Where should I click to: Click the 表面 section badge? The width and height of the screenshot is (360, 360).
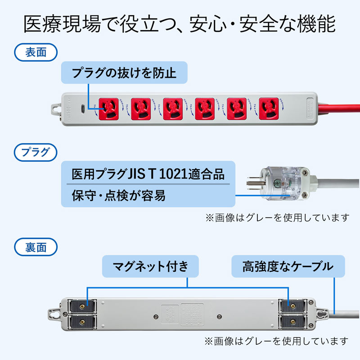pyautogui.click(x=36, y=52)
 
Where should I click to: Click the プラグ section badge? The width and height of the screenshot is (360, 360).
pyautogui.click(x=36, y=152)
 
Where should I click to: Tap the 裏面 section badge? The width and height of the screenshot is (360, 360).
pyautogui.click(x=36, y=247)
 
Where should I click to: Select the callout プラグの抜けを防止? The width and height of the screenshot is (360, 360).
pyautogui.click(x=124, y=72)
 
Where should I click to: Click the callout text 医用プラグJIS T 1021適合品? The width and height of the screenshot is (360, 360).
pyautogui.click(x=148, y=173)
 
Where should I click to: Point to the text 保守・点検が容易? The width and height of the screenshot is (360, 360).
pyautogui.click(x=119, y=196)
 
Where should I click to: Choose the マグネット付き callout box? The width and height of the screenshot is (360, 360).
pyautogui.click(x=151, y=266)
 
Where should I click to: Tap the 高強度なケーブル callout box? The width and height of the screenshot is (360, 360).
pyautogui.click(x=288, y=266)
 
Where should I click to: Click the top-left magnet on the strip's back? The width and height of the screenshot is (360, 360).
pyautogui.click(x=81, y=306)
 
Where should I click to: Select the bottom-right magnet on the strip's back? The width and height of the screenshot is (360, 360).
pyautogui.click(x=290, y=321)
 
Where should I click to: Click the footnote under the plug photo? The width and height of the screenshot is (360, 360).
pyautogui.click(x=277, y=217)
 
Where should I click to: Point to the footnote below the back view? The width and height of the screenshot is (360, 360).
pyautogui.click(x=277, y=341)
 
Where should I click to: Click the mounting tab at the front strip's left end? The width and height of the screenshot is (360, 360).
pyautogui.click(x=55, y=109)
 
